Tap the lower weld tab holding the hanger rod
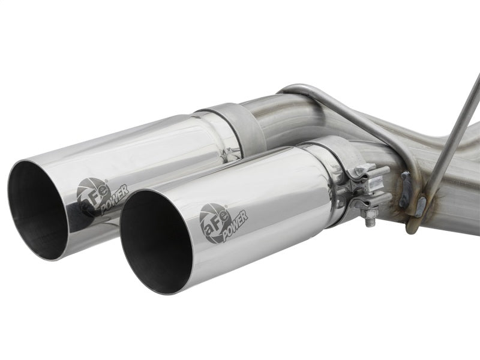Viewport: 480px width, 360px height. click(420, 207)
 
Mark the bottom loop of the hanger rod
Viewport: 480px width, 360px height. click(412, 227)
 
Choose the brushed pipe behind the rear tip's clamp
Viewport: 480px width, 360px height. click(288, 120)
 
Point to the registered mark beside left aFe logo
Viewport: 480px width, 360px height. click(107, 181)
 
